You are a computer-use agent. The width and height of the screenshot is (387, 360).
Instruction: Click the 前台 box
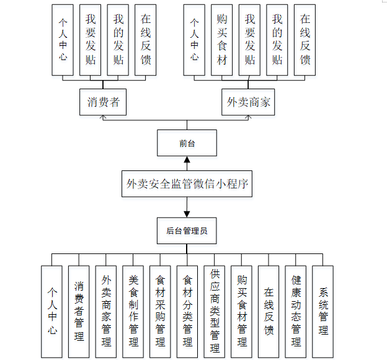pos(187,143)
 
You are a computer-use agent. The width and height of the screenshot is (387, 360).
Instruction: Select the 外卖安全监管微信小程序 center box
pos(187,183)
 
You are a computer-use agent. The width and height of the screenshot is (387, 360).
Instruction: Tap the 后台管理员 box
pos(187,232)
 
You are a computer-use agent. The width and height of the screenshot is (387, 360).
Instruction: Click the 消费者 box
pos(103,102)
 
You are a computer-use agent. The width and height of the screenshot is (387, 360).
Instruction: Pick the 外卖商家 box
pos(249,102)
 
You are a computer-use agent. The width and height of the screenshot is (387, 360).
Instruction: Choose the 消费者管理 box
pos(79,311)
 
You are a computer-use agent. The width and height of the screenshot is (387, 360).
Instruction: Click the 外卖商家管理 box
pos(106,311)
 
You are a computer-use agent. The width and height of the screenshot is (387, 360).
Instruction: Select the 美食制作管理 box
pos(133,311)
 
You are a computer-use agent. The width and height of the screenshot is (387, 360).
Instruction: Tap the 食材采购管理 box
pos(161,311)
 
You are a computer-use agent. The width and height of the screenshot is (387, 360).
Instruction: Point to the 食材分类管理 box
pos(187,311)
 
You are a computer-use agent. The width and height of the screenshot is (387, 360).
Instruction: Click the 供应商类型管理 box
pos(215,311)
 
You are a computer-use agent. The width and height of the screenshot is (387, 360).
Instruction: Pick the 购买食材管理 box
pos(242,311)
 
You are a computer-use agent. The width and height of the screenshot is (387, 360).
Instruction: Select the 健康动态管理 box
pos(296,311)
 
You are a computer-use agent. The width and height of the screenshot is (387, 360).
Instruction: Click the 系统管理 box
pos(322,311)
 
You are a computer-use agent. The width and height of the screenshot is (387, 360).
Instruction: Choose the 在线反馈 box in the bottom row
pos(269,311)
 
